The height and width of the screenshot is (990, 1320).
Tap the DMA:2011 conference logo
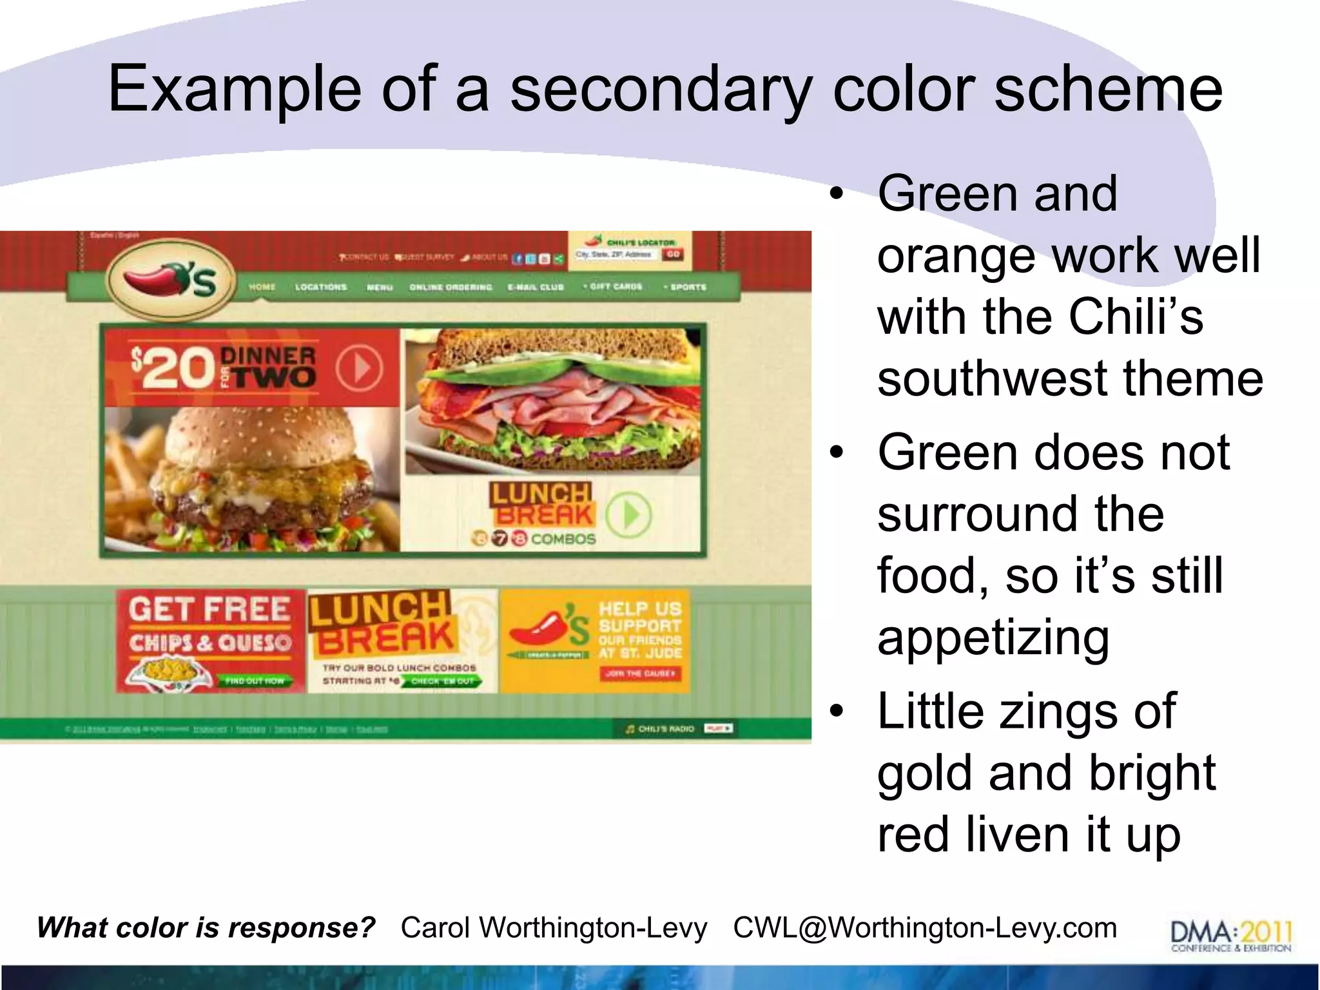(x=1231, y=935)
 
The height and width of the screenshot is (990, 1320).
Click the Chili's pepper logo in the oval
(x=170, y=281)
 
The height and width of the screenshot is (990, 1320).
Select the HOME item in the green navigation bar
(x=262, y=287)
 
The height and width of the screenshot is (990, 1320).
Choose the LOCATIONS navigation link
(x=321, y=287)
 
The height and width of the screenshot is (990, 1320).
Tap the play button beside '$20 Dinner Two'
(x=359, y=369)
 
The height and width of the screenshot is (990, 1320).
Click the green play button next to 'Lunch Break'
(x=628, y=514)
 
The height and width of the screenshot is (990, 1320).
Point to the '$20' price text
(x=173, y=369)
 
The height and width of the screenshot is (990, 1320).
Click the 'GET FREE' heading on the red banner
(x=209, y=609)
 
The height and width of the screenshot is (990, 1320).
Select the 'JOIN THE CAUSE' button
(x=640, y=674)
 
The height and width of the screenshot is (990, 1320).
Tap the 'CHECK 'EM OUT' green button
(x=443, y=681)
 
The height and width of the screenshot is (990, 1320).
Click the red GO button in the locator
(x=673, y=255)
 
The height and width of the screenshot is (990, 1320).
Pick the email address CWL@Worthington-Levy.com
(x=925, y=928)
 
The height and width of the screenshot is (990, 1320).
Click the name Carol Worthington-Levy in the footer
(x=554, y=928)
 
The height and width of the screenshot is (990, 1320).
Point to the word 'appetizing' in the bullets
(x=993, y=637)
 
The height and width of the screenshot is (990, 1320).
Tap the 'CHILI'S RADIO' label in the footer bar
(x=666, y=729)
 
